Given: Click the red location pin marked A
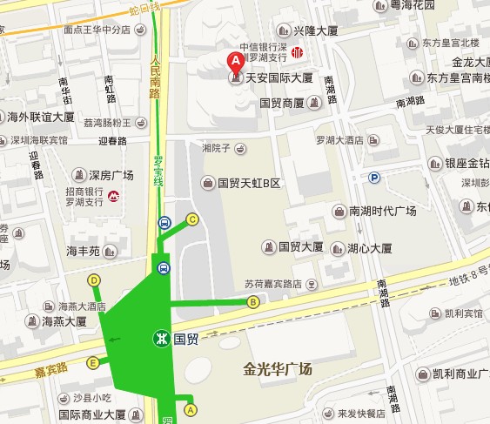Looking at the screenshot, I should [234, 60].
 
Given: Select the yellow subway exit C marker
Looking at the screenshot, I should [192, 219].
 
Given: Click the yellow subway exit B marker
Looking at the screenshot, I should [253, 302].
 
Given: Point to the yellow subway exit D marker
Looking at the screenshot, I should [93, 280].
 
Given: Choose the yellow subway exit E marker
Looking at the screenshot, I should [92, 363].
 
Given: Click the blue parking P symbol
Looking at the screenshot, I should [375, 178].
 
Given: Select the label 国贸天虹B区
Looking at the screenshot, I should [250, 184].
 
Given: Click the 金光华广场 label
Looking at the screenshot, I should [278, 370].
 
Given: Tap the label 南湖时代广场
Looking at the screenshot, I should [383, 212].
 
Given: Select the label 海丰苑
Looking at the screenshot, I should [84, 251].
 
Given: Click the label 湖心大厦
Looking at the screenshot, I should [369, 247].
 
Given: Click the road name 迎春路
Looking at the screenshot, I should [112, 140].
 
